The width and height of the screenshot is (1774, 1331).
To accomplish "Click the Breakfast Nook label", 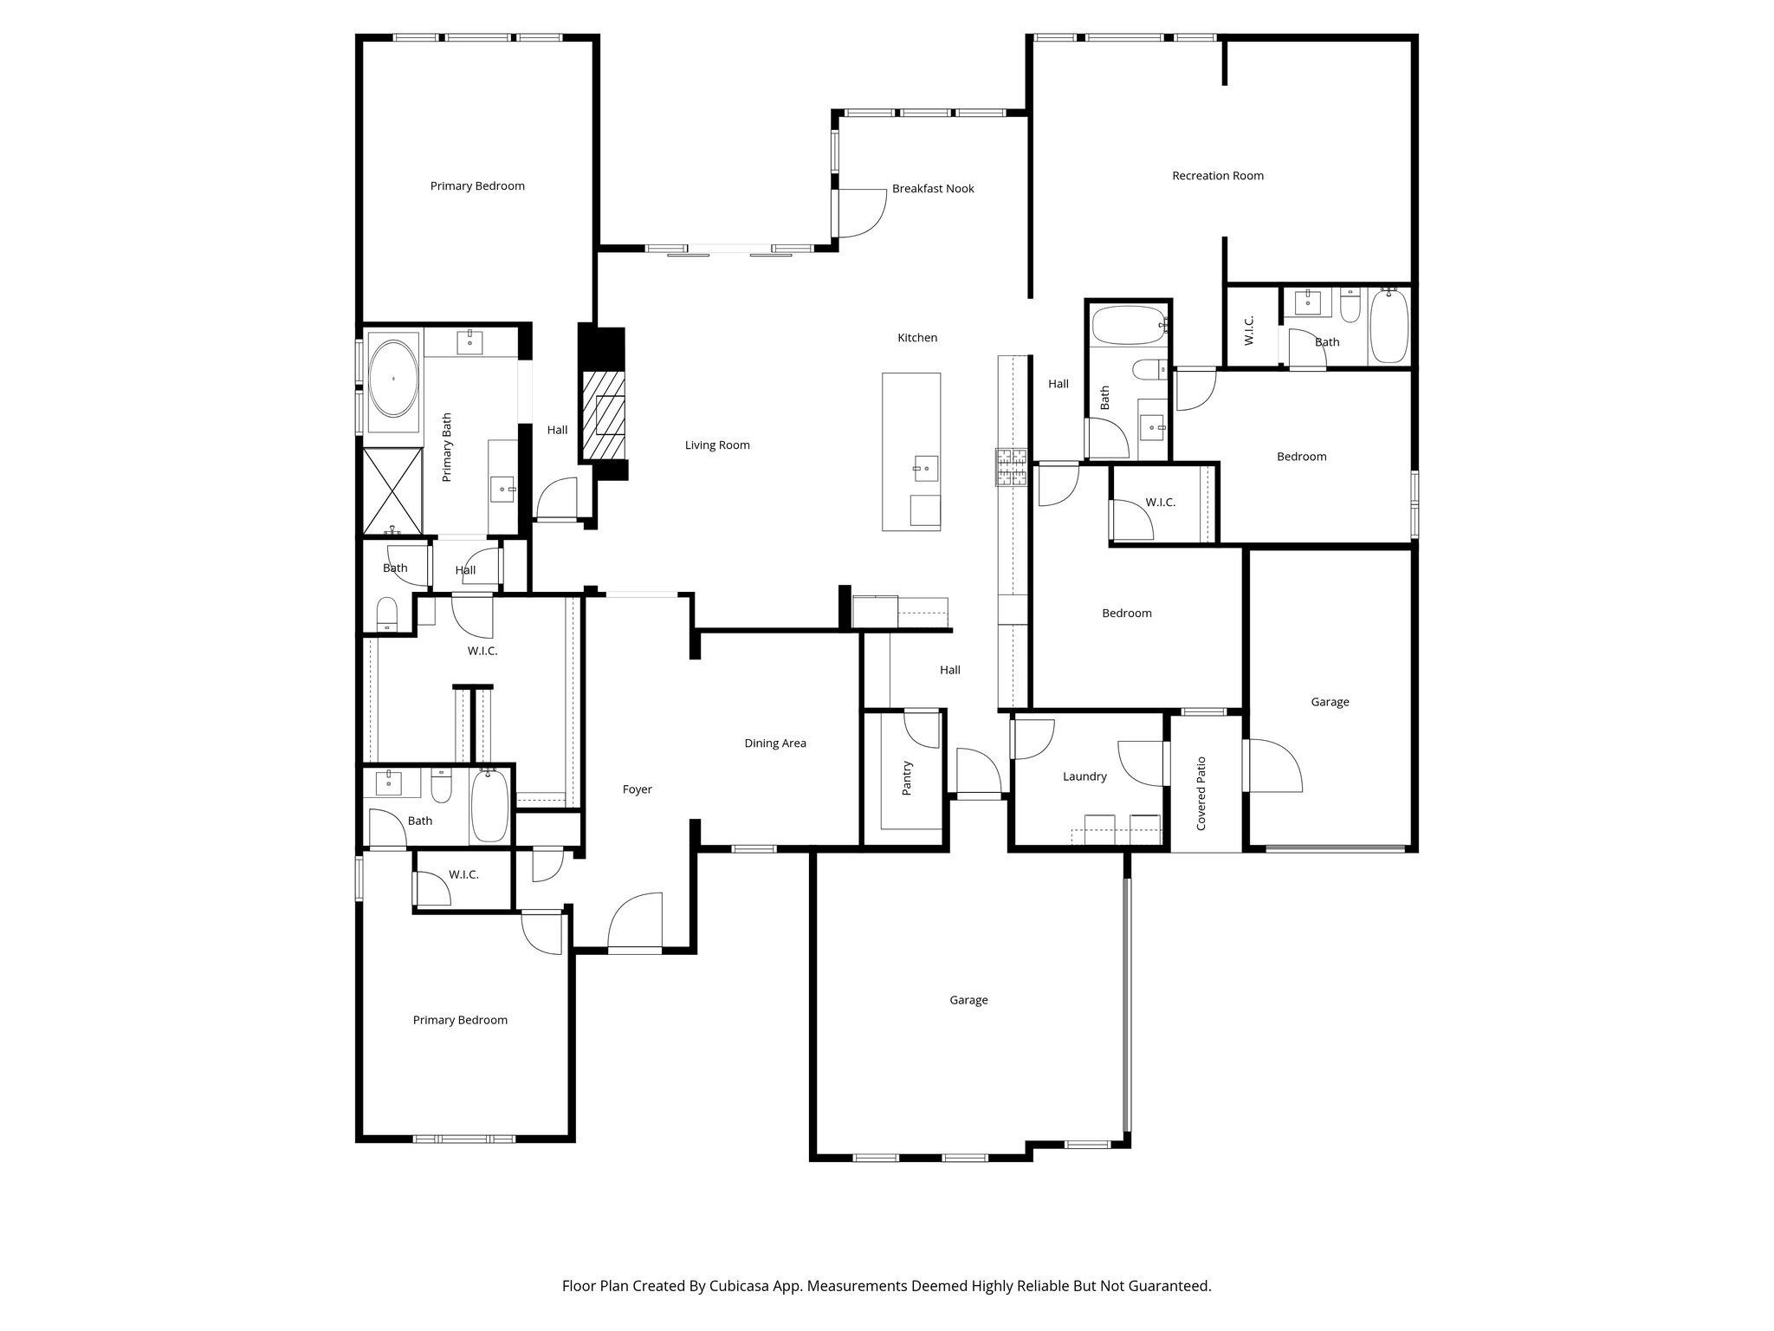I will click(933, 189).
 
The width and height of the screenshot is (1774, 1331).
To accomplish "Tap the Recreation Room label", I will click(1217, 176).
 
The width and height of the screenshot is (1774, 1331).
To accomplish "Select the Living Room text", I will click(717, 445).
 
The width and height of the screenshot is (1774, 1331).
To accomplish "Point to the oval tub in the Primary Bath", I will click(392, 379).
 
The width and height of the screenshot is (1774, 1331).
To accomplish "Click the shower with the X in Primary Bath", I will click(392, 490).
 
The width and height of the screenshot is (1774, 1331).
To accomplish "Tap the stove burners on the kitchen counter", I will click(1010, 467).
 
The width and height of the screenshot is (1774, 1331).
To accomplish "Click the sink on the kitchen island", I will click(926, 469).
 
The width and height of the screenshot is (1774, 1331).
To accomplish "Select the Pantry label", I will click(907, 778).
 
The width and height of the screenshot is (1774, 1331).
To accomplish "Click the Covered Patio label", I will click(1201, 794).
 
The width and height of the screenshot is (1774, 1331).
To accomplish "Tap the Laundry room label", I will click(1084, 777).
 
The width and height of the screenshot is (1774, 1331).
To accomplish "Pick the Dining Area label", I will click(775, 743).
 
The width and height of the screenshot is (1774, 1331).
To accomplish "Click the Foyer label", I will click(637, 789).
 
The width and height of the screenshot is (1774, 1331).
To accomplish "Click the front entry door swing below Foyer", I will click(636, 924).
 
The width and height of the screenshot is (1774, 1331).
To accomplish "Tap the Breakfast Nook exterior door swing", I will click(860, 213).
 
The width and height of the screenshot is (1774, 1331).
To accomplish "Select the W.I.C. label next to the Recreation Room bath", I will click(1249, 330).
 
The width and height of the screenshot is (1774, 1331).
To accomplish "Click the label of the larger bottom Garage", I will click(968, 1000).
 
